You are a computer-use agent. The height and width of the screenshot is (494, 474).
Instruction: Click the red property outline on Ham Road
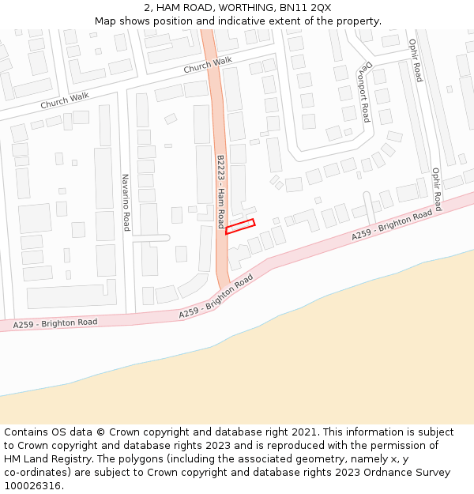240,227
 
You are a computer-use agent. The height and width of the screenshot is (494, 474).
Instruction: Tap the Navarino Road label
125,202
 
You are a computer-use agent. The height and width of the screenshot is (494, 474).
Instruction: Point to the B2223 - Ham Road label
220,190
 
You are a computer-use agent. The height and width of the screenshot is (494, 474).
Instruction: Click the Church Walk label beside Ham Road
208,66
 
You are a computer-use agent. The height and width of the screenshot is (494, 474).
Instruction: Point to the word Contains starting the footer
26,432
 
